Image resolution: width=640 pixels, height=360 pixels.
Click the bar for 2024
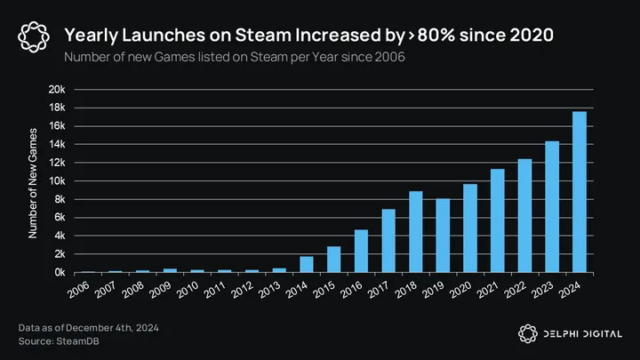click(579, 192)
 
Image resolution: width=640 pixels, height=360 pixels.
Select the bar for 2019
click(443, 236)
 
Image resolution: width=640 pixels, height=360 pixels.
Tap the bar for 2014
click(307, 264)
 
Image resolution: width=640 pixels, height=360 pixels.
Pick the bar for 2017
click(388, 241)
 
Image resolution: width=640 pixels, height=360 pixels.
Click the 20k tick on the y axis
click(58, 90)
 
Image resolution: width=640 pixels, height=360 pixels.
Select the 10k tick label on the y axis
click(58, 181)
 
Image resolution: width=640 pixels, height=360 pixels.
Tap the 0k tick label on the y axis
click(60, 272)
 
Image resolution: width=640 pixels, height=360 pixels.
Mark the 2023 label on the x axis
click(544, 290)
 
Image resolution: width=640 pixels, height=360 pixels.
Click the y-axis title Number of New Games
click(33, 181)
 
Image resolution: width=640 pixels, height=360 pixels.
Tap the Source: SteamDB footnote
click(55, 342)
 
